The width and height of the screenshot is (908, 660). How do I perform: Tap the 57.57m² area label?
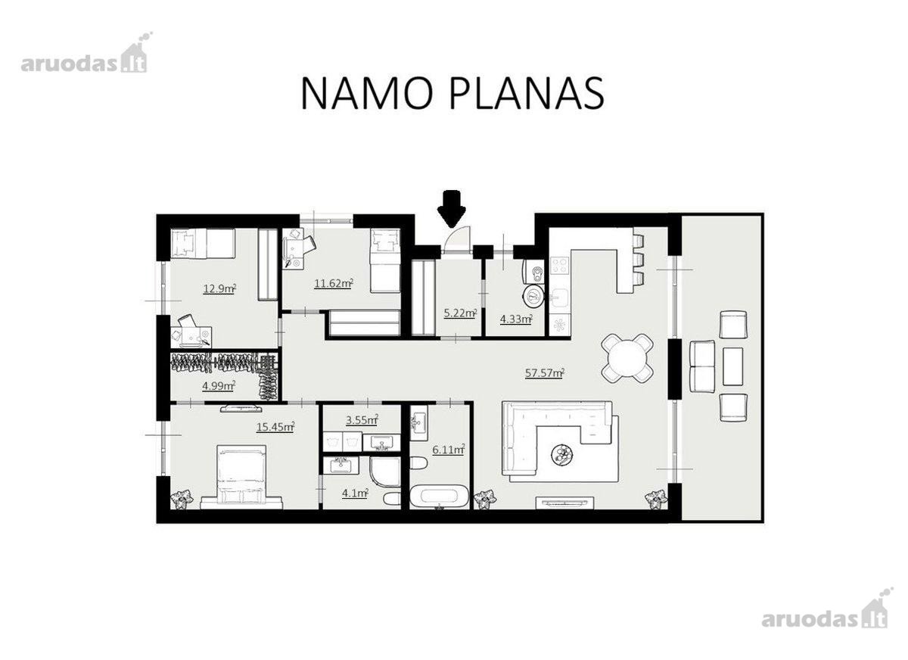[x=545, y=373]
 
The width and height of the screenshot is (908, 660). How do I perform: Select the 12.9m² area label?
[x=219, y=289]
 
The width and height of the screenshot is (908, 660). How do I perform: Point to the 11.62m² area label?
[x=333, y=283]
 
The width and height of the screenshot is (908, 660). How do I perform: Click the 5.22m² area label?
[x=460, y=313]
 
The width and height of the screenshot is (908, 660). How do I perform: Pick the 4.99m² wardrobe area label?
[x=219, y=385]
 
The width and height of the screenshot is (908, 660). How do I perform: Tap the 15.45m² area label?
[x=275, y=427]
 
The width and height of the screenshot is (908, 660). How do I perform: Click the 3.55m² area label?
[x=362, y=420]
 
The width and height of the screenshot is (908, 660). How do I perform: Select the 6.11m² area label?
[x=448, y=450]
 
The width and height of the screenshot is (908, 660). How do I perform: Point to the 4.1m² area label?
[x=355, y=493]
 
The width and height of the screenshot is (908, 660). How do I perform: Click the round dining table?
[x=627, y=358]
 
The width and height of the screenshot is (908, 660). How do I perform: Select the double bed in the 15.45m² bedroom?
[x=242, y=477]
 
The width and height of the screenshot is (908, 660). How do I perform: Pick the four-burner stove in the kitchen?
[x=560, y=266]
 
